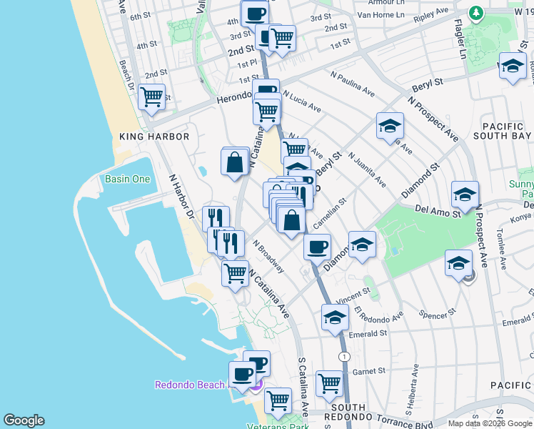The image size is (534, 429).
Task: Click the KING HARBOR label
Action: click(x=155, y=137)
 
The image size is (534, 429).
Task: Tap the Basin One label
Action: click(x=127, y=179)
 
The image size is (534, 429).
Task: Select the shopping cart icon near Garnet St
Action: click(x=329, y=383)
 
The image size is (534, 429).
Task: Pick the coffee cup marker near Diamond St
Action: click(x=317, y=247)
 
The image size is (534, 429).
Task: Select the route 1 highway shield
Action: click(x=346, y=356)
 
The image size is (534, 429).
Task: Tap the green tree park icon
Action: click(x=475, y=13)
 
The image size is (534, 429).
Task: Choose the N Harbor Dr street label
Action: click(x=181, y=196)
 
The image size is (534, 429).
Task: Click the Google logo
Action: click(x=24, y=420)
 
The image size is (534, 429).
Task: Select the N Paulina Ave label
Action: click(x=353, y=83)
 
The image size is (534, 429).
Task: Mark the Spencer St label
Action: click(x=438, y=314)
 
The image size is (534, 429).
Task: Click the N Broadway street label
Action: click(x=268, y=256)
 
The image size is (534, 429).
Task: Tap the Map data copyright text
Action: click(x=489, y=423)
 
